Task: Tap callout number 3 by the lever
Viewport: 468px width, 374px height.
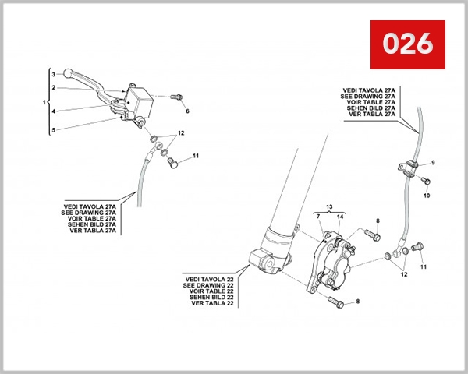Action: (53, 74)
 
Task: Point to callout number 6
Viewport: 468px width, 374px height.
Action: (187, 111)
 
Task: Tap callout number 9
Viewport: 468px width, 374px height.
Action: (434, 161)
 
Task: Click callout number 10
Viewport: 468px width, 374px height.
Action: (427, 196)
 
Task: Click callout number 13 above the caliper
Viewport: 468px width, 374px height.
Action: (329, 208)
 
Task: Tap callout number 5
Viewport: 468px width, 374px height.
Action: (53, 130)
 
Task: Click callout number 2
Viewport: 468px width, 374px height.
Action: (53, 88)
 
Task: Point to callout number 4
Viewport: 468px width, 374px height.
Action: (53, 111)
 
